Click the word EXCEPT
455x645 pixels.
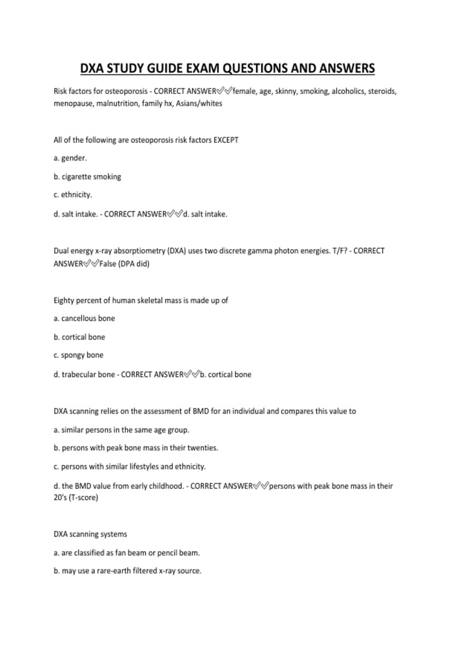[x=226, y=140]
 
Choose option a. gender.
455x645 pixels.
[x=70, y=158]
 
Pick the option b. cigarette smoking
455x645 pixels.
[x=87, y=177]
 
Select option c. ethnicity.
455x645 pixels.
[x=73, y=195]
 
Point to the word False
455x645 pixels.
[x=108, y=264]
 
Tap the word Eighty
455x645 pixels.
[x=64, y=300]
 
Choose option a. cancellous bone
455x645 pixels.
[x=84, y=318]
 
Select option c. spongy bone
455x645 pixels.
[x=78, y=355]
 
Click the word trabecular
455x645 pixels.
[x=78, y=374]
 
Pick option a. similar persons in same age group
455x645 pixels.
[x=121, y=430]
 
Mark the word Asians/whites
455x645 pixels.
[x=199, y=104]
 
